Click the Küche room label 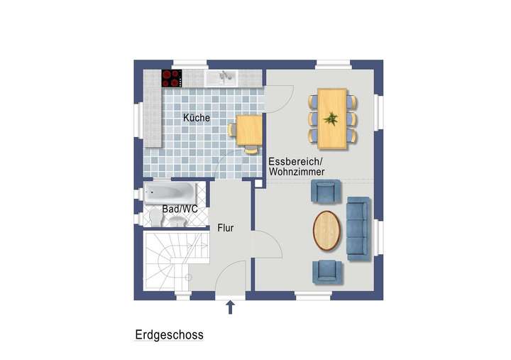(x=196, y=117)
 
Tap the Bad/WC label (x=179, y=209)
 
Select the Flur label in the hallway (x=226, y=228)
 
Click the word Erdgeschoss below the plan (x=169, y=334)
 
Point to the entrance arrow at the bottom (x=230, y=307)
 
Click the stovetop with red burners (x=172, y=77)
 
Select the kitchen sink (x=223, y=77)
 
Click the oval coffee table (x=326, y=231)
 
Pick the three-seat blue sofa (x=358, y=228)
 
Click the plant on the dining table (x=331, y=118)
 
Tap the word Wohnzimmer (x=297, y=173)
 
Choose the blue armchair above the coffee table (x=326, y=192)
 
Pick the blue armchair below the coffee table (x=326, y=271)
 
